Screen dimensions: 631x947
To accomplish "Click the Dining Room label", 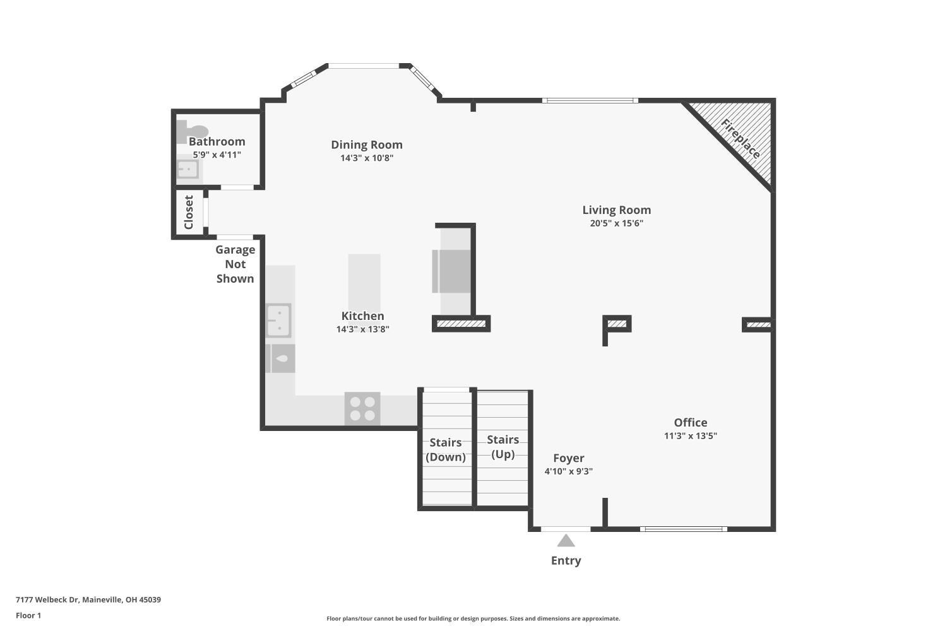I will pyautogui.click(x=366, y=144).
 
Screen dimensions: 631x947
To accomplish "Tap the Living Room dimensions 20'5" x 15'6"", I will pyautogui.click(x=616, y=223).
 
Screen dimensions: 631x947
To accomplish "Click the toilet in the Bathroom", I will pyautogui.click(x=191, y=131).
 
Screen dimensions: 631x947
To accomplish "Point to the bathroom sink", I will pyautogui.click(x=188, y=169).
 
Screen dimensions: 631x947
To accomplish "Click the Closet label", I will pyautogui.click(x=188, y=212).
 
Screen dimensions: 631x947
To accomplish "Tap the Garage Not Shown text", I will pyautogui.click(x=235, y=264).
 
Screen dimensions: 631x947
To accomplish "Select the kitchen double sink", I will pyautogui.click(x=278, y=321).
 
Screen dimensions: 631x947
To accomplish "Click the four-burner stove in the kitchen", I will pyautogui.click(x=362, y=408).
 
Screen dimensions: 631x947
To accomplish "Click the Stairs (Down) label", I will pyautogui.click(x=445, y=450).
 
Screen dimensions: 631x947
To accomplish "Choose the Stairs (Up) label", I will pyautogui.click(x=503, y=447).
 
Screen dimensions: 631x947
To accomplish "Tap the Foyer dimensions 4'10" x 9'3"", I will pyautogui.click(x=568, y=471).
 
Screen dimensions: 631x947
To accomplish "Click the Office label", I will pyautogui.click(x=690, y=423).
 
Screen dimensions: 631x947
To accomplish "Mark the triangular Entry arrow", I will pyautogui.click(x=566, y=541).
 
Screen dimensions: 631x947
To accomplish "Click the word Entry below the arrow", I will pyautogui.click(x=566, y=560).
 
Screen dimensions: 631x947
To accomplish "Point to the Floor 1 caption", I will pyautogui.click(x=28, y=615).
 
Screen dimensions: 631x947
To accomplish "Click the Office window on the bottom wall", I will pyautogui.click(x=683, y=529).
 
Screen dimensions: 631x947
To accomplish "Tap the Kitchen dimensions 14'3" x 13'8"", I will pyautogui.click(x=362, y=329).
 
